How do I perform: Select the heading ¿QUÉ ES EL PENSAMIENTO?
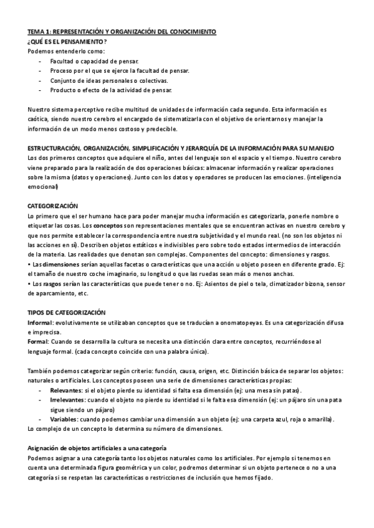coord(63,40)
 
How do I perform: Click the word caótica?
coord(39,120)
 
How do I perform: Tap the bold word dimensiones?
coord(56,264)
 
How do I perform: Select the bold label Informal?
coord(41,322)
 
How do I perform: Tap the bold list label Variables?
coord(64,420)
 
